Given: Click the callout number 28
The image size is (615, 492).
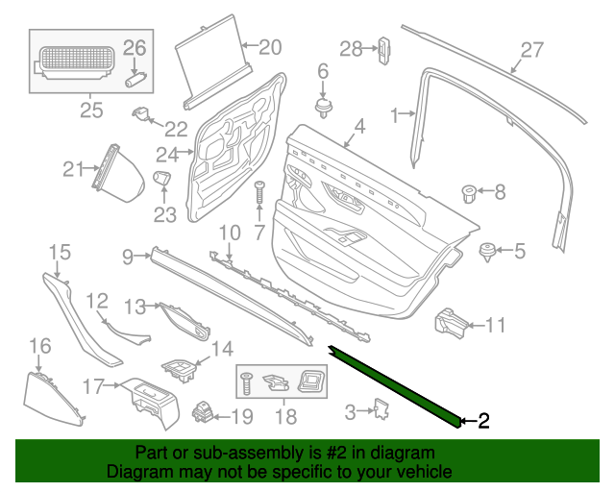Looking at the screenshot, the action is point(351,49).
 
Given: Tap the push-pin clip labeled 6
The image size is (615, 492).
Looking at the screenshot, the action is point(324,108).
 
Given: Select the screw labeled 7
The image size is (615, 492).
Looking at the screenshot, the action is point(258,192).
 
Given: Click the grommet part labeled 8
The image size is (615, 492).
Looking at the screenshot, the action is point(469,194).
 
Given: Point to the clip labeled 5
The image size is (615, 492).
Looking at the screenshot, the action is point(487,253).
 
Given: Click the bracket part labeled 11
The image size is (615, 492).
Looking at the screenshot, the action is point(451,325).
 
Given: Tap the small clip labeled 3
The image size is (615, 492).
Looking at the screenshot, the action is point(381,408).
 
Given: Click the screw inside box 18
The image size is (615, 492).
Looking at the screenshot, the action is point(246,383).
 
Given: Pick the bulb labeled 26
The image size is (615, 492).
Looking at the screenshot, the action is point(135,79).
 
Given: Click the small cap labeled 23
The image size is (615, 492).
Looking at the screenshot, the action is point(161,178).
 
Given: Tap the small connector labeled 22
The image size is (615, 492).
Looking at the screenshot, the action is point(140,113).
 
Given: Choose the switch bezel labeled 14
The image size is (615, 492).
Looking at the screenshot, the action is point(179,371).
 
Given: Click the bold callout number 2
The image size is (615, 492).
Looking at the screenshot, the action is point(484,421).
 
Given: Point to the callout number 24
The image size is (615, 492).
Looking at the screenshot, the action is point(167,155).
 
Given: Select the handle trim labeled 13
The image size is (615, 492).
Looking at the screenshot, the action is point(184,321).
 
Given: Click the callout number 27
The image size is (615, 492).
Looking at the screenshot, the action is point(532,50).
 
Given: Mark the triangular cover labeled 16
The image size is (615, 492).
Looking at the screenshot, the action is point(53,400).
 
